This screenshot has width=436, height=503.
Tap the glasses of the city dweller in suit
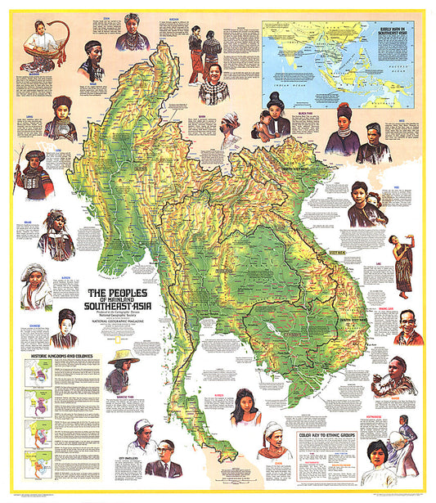coord(168,448)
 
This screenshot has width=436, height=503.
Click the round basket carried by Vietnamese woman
coord(402,437)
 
